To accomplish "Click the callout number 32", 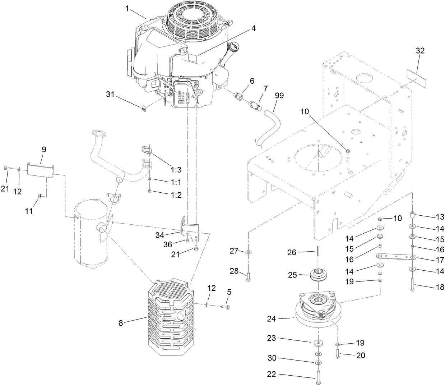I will [420, 51].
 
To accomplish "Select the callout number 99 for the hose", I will [279, 96].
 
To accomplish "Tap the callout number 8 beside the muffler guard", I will [121, 323].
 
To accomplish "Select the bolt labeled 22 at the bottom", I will [318, 378].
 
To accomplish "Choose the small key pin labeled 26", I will [318, 251].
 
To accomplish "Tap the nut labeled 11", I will [41, 195].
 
